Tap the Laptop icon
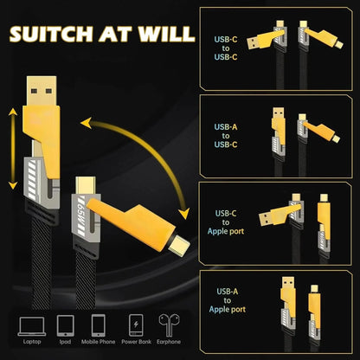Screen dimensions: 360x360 (30, 325)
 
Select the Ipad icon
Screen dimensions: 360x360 (64, 325)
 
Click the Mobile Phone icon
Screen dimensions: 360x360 (98, 325)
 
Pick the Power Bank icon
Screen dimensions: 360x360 (137, 325)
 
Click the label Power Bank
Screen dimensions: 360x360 (137, 343)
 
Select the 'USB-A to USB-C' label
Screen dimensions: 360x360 (224, 134)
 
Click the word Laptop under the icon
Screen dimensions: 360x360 (30, 343)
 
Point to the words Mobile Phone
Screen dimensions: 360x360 (98, 343)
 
